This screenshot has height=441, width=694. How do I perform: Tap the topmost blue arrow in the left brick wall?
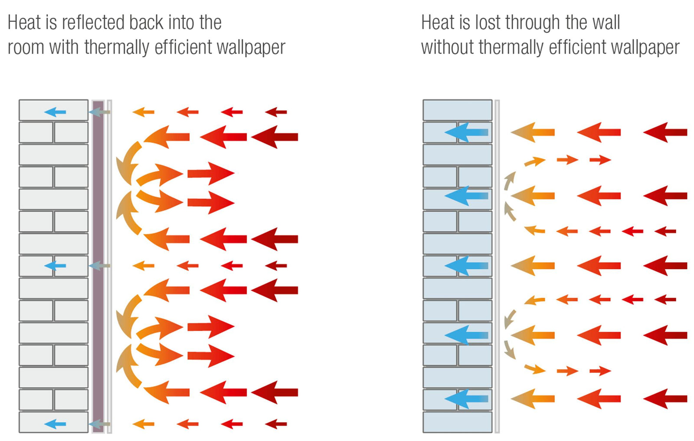pos(55,112)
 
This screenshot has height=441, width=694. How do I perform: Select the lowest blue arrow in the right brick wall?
pos(466,399)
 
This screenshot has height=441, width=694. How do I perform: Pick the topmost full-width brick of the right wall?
pos(457,110)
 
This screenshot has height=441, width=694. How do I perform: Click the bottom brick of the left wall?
pos(53,422)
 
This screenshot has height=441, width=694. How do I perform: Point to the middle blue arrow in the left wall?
pos(55,266)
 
